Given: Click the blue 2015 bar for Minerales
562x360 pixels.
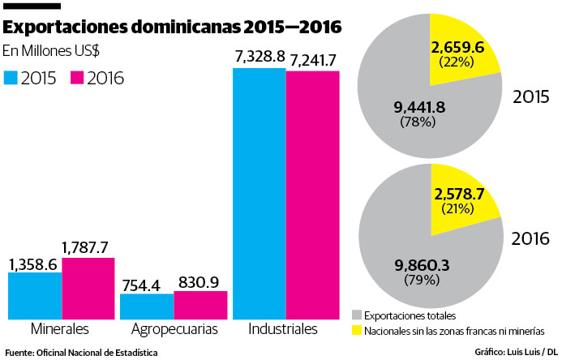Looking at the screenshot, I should coord(35,296).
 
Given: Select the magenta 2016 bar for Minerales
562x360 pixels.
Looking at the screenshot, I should coord(88,289).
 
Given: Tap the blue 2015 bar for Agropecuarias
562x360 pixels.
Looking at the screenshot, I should coord(147,306).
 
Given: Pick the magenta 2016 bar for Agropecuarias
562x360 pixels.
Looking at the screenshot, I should coord(200,305).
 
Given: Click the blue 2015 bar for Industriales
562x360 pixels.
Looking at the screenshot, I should coord(259,195).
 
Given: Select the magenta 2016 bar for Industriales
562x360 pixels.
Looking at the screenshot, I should coord(312,196).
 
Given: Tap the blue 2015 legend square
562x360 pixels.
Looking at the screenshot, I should coord(11,78).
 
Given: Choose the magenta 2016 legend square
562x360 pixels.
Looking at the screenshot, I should coord(78,78).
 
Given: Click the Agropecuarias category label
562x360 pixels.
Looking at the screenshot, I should coord(175,330).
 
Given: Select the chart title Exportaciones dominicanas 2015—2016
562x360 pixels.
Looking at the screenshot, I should coord(172,28).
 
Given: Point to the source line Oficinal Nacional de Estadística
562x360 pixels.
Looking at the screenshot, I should coord(81,352).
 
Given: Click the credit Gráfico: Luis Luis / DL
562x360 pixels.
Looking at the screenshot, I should coord(516,352).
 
